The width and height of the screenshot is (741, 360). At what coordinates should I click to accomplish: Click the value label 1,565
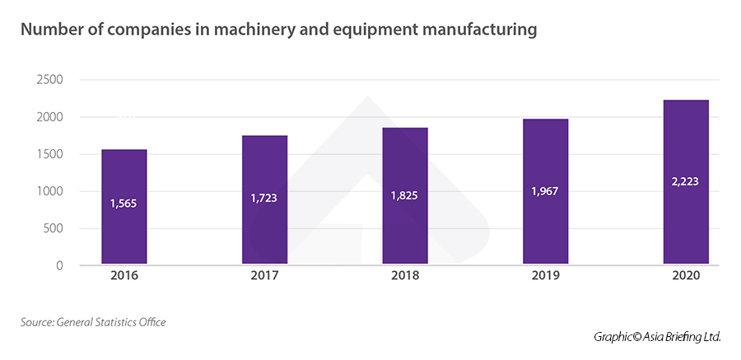pyautogui.click(x=123, y=203)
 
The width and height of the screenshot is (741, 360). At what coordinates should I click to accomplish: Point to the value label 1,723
pyautogui.click(x=264, y=198)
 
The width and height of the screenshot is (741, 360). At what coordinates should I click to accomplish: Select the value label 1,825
pyautogui.click(x=405, y=195)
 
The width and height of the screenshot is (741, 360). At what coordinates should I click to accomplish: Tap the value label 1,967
pyautogui.click(x=545, y=191)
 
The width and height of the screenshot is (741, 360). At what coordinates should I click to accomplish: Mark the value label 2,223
pyautogui.click(x=685, y=182)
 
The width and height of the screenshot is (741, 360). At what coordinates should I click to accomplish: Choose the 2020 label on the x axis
pyautogui.click(x=685, y=277)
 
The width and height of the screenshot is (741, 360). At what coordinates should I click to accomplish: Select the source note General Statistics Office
pyautogui.click(x=111, y=322)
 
